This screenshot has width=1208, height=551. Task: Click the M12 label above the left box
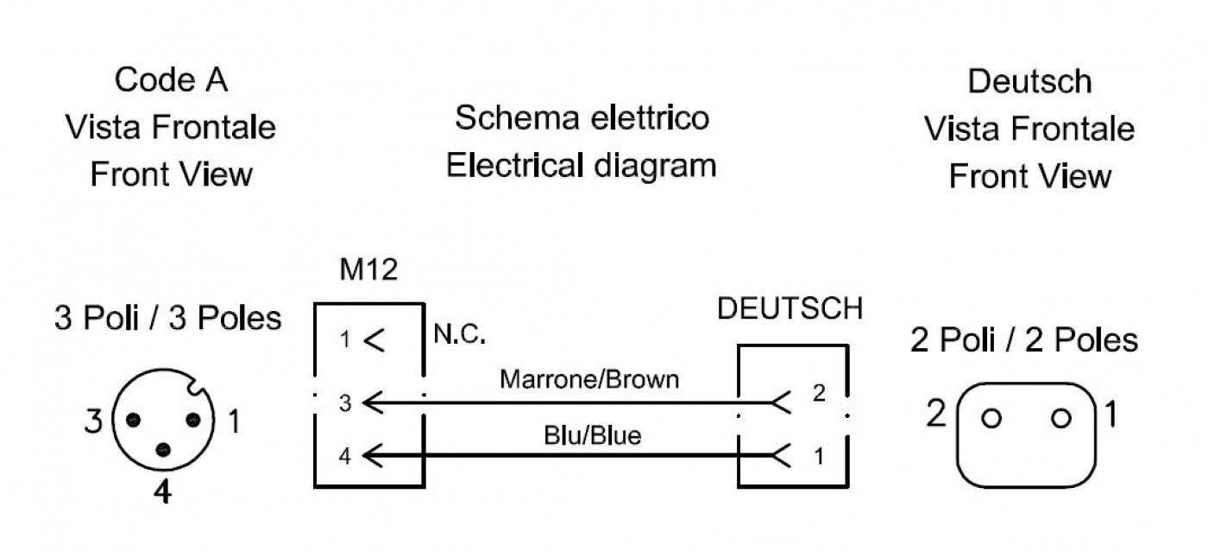point(368,269)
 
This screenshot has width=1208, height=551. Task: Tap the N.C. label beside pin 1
point(459,334)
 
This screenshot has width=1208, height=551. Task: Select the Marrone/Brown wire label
point(588,379)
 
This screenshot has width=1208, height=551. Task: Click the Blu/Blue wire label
point(592,435)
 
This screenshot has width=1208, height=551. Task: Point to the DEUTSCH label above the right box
point(790,308)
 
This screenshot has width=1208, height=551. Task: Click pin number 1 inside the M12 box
point(345,339)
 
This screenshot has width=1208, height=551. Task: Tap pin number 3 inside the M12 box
point(345,403)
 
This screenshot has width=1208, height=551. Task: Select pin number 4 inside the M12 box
point(345,456)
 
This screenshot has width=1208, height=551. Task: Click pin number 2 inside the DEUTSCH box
point(819,394)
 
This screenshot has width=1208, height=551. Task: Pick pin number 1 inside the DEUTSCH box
point(819,457)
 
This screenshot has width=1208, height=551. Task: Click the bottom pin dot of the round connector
point(163,450)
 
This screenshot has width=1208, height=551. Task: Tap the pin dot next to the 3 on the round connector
point(133,420)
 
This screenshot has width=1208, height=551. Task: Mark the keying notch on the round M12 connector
point(195,386)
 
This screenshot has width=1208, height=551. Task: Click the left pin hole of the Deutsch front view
point(991,418)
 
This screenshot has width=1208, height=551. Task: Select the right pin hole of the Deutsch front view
point(1060,418)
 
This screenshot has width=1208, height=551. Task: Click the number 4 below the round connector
point(162,491)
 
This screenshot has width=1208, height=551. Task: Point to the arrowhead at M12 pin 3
point(373,402)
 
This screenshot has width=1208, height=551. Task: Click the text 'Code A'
point(171,79)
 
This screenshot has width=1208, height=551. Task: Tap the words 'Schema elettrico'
point(582,117)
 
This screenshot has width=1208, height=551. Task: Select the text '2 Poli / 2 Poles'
point(1024,340)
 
